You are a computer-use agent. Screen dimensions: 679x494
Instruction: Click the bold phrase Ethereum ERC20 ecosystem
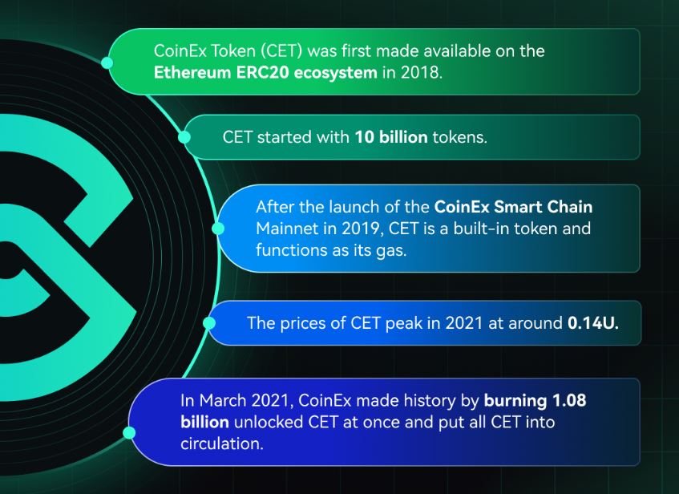pyautogui.click(x=265, y=72)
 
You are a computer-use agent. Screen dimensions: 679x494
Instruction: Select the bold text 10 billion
pyautogui.click(x=391, y=137)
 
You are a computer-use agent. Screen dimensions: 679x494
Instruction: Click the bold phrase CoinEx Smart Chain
pyautogui.click(x=513, y=207)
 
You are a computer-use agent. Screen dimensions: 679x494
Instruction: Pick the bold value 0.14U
pyautogui.click(x=593, y=323)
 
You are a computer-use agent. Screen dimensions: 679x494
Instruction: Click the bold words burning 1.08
pyautogui.click(x=535, y=400)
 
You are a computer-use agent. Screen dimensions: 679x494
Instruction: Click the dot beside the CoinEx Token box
pyautogui.click(x=107, y=63)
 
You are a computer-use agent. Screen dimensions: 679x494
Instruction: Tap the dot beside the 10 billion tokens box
pyautogui.click(x=184, y=137)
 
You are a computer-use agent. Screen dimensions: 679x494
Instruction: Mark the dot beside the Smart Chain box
pyautogui.click(x=218, y=229)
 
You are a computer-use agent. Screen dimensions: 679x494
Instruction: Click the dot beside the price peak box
pyautogui.click(x=209, y=323)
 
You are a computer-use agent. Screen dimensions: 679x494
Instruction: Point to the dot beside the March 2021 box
pyautogui.click(x=129, y=432)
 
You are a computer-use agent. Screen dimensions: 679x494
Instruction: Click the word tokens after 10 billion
pyautogui.click(x=459, y=137)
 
